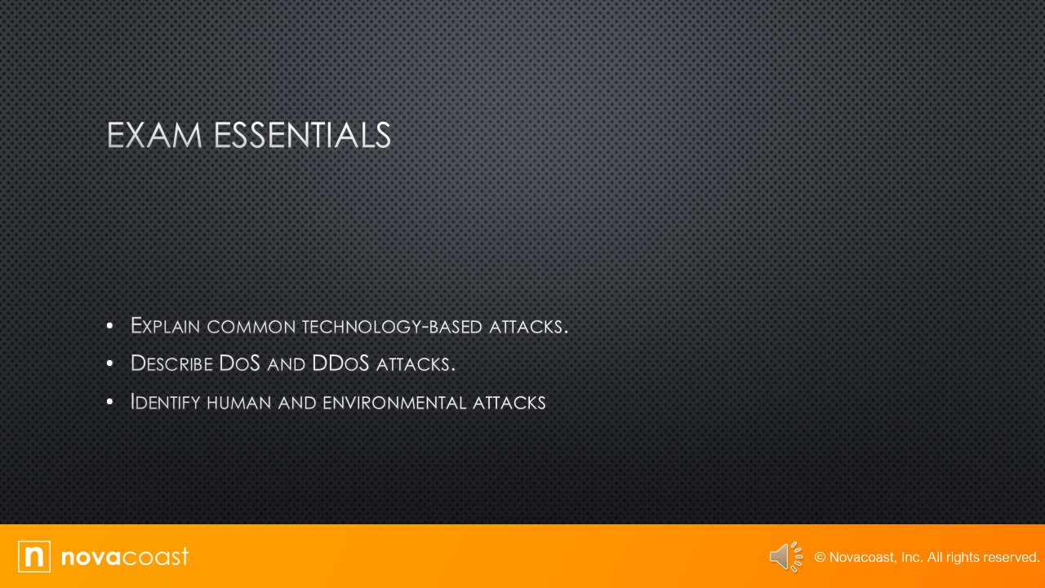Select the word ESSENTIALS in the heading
coord(302,136)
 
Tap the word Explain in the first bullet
coord(166,326)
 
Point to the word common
coord(251,327)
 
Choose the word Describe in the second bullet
coord(171,363)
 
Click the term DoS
coord(239,363)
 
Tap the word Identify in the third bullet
coord(165,402)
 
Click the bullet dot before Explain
coord(109,326)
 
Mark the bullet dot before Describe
coord(109,363)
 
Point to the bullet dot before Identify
coord(109,402)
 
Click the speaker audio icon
coord(785,557)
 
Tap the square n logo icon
coord(34,556)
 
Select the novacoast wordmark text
coord(124,556)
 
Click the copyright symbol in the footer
coord(820,558)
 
